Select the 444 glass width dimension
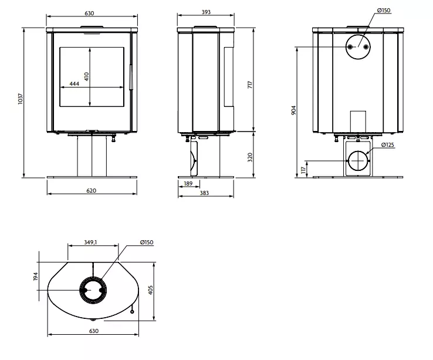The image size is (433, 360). [x=74, y=84]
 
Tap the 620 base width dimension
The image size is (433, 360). [x=91, y=190]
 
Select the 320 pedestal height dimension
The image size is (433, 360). [x=251, y=158]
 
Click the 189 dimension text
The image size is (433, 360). [x=188, y=184]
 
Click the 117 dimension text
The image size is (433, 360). [x=303, y=170]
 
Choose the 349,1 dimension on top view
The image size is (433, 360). [x=91, y=241]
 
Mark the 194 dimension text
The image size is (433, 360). [x=36, y=276]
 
